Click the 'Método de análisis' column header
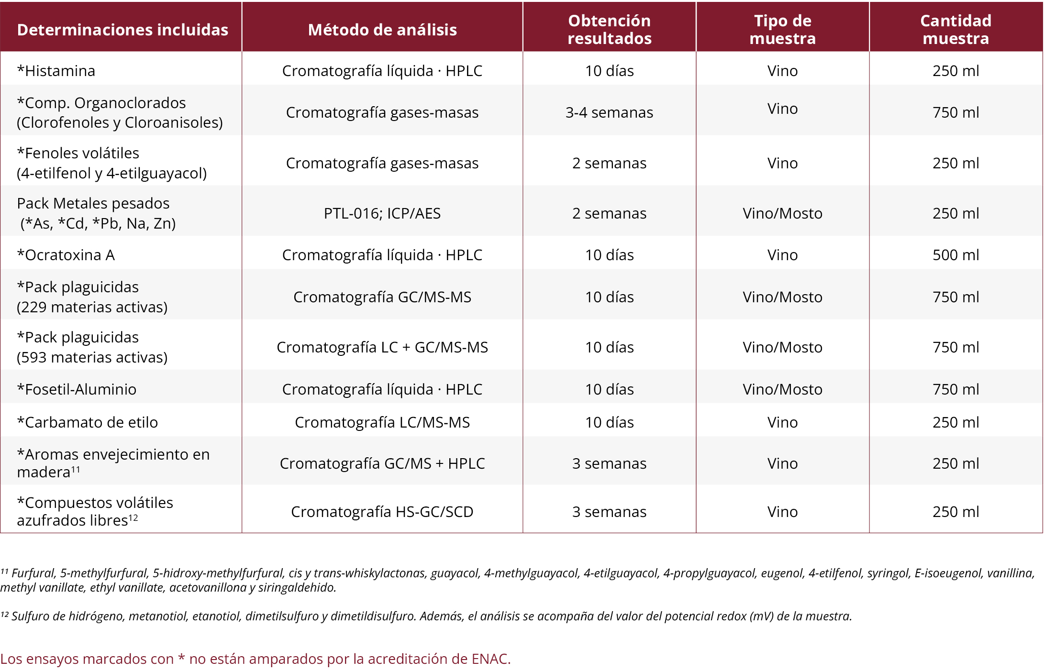pyautogui.click(x=382, y=30)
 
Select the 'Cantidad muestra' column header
pyautogui.click(x=956, y=29)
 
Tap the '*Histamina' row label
pyautogui.click(x=56, y=71)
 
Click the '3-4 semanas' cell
pyautogui.click(x=609, y=112)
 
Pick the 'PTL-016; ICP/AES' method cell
pyautogui.click(x=382, y=213)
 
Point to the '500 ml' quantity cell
pyautogui.click(x=956, y=255)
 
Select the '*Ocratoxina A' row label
pyautogui.click(x=66, y=255)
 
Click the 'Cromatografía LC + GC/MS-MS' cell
pyautogui.click(x=382, y=347)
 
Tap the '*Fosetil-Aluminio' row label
pyautogui.click(x=77, y=389)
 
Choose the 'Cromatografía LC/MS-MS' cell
pyautogui.click(x=382, y=422)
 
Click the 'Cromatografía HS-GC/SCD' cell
pyautogui.click(x=382, y=512)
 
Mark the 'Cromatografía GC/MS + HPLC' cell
pyautogui.click(x=382, y=463)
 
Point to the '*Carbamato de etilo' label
pyautogui.click(x=87, y=422)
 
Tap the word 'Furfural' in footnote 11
pyautogui.click(x=33, y=573)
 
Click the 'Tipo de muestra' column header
pyautogui.click(x=782, y=29)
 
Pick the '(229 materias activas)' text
pyautogui.click(x=92, y=307)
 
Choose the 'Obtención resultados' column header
pyautogui.click(x=609, y=29)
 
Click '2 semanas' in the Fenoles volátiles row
pyautogui.click(x=609, y=163)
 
